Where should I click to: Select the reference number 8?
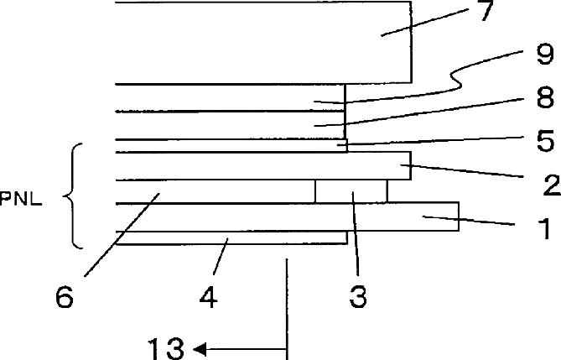[546, 97]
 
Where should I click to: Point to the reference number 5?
[546, 141]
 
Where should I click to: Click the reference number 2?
[552, 185]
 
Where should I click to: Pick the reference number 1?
[544, 229]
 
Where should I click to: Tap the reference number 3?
[358, 297]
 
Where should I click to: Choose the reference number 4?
[209, 297]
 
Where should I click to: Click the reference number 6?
[65, 297]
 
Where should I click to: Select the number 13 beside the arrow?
[166, 348]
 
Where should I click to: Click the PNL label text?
[21, 199]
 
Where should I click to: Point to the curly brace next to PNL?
[73, 196]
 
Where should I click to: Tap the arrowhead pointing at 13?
[200, 349]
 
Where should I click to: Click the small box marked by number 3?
[351, 191]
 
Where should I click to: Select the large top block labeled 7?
[263, 42]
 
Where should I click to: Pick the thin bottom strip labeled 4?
[231, 237]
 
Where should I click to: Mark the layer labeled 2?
[263, 165]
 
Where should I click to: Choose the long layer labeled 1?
[288, 217]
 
